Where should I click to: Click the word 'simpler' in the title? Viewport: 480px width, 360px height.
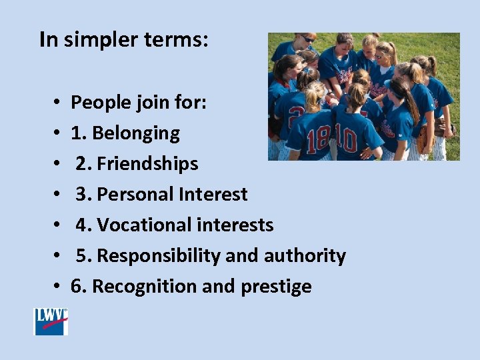[98, 40]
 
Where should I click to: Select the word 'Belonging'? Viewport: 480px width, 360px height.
[136, 133]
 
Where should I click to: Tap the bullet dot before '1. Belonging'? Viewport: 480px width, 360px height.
[57, 134]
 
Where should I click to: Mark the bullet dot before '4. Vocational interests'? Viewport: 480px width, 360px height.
[57, 226]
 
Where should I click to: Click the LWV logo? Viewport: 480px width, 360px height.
[51, 321]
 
